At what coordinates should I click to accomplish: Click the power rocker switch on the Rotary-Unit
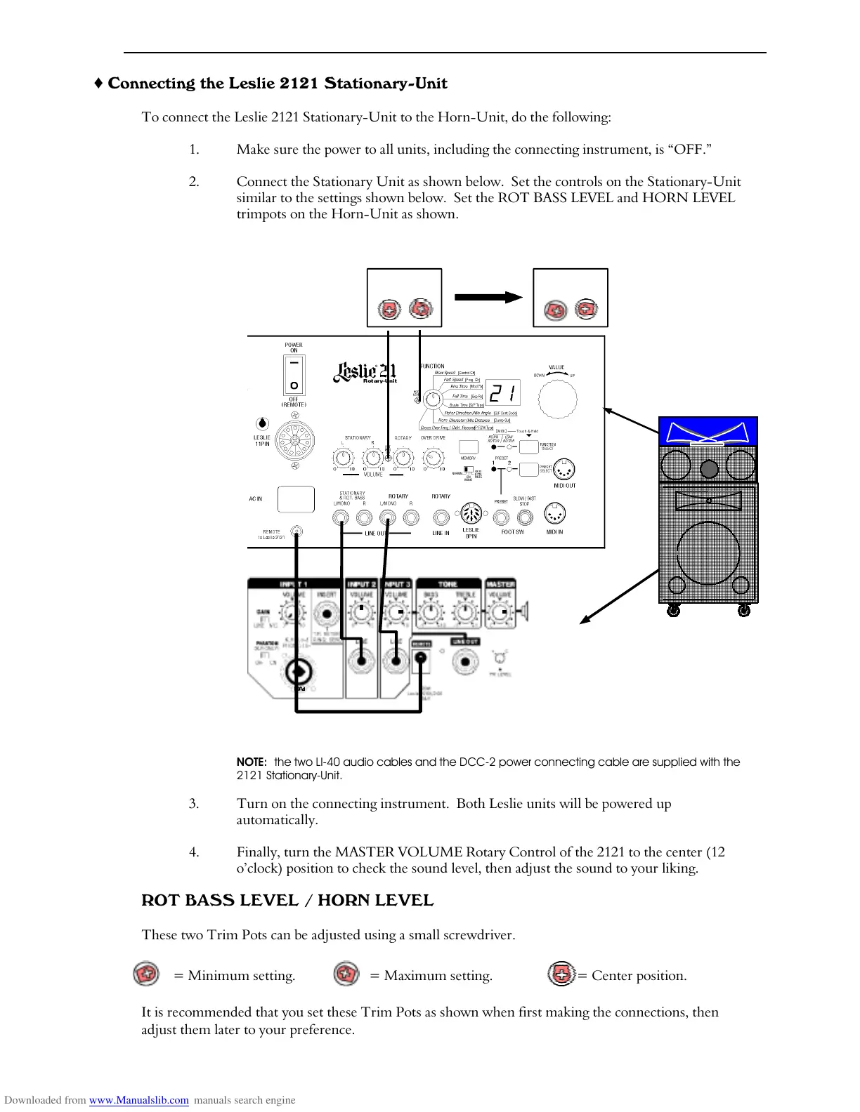pos(294,375)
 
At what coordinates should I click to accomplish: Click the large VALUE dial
pos(557,399)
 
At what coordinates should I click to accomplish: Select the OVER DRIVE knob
pos(434,458)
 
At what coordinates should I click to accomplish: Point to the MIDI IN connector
pos(554,515)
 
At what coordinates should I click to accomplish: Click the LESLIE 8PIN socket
pos(470,514)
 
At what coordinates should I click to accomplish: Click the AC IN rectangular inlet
pos(296,499)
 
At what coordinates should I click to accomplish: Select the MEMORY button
pos(468,446)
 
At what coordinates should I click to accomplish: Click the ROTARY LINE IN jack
pos(441,518)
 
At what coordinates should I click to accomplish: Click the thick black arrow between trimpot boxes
pos(488,297)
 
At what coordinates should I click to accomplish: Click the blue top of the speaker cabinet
pos(708,431)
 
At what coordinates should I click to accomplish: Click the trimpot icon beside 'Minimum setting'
pos(146,974)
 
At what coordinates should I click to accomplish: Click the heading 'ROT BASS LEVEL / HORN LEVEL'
pos(287,901)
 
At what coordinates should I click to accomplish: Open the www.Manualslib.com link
pos(138,1100)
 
